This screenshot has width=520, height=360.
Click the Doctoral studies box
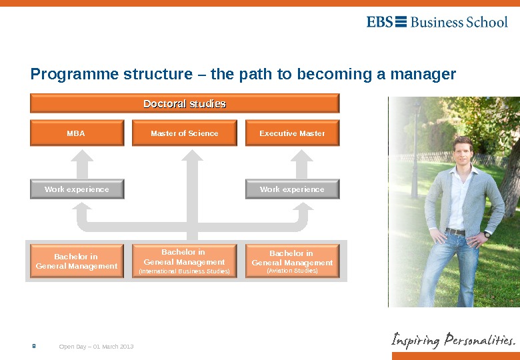tap(185, 103)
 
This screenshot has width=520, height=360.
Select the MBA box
tap(77, 133)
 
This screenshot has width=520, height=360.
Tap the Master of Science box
tap(185, 133)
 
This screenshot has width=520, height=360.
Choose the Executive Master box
tap(292, 133)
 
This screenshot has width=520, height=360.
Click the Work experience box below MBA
tap(77, 189)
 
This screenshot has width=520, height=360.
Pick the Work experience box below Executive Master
tap(292, 189)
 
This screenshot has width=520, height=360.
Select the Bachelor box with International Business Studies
tap(184, 261)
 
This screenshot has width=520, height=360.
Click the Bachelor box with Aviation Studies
tap(292, 261)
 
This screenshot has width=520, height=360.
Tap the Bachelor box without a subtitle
tap(77, 261)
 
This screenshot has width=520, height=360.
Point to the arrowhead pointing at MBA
tap(83, 156)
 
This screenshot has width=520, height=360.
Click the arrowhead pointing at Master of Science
tap(191, 156)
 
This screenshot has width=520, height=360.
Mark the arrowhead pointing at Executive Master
tap(301, 156)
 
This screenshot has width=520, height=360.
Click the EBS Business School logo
tap(437, 22)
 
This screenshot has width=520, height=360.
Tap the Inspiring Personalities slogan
tap(453, 340)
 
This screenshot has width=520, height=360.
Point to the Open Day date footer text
tap(97, 347)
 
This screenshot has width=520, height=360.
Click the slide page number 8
tap(34, 346)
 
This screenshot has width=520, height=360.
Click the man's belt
tap(456, 232)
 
